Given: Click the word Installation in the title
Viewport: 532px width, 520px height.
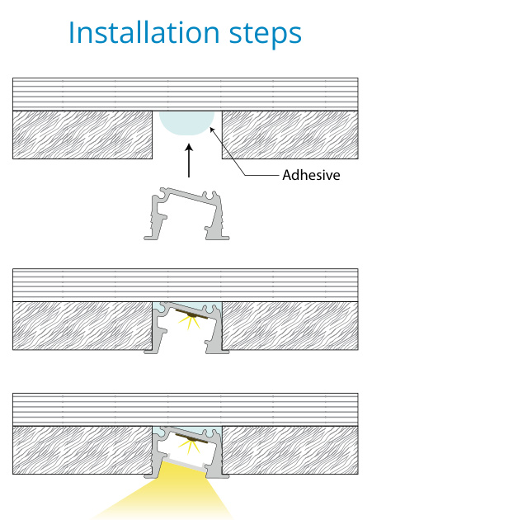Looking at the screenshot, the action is click(144, 32).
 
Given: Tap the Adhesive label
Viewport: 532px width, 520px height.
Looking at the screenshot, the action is click(311, 175).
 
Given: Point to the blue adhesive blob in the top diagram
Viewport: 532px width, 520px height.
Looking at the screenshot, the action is click(186, 123).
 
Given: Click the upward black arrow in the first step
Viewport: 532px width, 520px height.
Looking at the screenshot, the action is click(189, 160).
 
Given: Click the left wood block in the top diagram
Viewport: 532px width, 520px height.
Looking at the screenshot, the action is click(82, 135).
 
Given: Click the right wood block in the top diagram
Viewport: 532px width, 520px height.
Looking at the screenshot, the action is click(290, 135).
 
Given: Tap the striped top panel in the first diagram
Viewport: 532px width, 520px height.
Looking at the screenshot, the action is click(186, 94).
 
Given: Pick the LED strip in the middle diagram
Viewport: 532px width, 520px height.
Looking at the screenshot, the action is click(191, 314).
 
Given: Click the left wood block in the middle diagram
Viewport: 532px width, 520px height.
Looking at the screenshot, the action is click(82, 326).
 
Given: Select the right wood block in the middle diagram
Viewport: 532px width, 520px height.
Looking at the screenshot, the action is click(290, 326).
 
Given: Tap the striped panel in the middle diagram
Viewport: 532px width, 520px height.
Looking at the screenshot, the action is click(186, 285).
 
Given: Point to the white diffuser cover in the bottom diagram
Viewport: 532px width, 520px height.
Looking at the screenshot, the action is click(186, 461).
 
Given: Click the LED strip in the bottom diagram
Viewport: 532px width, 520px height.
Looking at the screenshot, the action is click(191, 438).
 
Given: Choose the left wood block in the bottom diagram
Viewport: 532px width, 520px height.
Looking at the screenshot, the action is click(82, 450).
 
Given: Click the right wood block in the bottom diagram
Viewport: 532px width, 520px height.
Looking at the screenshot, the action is click(290, 450).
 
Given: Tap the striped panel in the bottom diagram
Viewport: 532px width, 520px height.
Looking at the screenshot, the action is click(186, 409).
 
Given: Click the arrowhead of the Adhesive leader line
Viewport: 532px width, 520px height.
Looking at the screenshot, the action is click(210, 128).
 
